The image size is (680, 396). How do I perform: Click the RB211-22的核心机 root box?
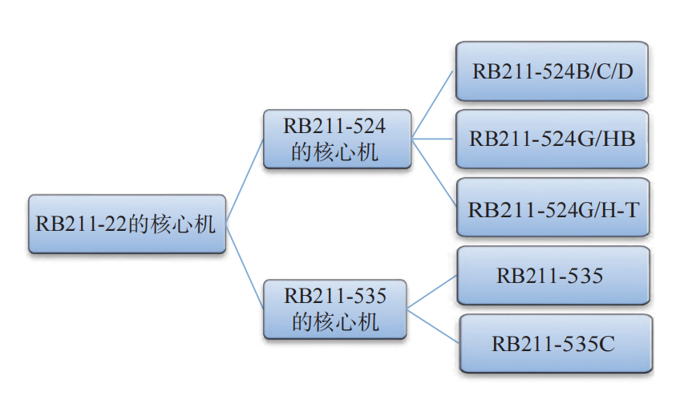click(x=127, y=224)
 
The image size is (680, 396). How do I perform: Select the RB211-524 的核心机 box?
click(x=337, y=139)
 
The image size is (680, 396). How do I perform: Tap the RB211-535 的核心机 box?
click(x=335, y=309)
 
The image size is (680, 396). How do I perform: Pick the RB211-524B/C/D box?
click(x=552, y=71)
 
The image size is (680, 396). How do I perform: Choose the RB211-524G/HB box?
click(x=552, y=139)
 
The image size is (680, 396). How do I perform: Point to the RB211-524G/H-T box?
click(x=553, y=208)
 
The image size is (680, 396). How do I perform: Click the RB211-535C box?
click(x=556, y=344)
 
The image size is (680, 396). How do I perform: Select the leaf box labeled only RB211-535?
click(x=553, y=276)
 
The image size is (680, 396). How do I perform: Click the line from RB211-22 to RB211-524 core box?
click(x=245, y=181)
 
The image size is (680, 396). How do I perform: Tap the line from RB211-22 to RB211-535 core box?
click(x=245, y=266)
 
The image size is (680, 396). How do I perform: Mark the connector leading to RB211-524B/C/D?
click(x=432, y=105)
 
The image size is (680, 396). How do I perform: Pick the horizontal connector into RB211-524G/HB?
click(x=432, y=139)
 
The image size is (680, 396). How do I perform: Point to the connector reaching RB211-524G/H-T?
click(x=434, y=172)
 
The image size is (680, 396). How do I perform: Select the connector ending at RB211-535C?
click(x=433, y=325)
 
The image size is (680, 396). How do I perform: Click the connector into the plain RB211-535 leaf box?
click(x=432, y=292)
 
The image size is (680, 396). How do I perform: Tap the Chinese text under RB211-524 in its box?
click(x=334, y=152)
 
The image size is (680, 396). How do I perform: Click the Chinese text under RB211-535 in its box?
click(x=335, y=322)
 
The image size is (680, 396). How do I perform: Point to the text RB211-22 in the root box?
click(x=81, y=224)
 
